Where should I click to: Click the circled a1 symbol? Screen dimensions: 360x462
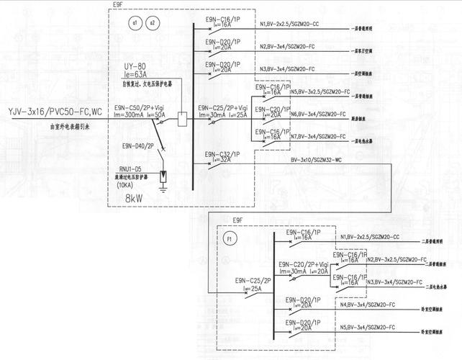click(x=134, y=24)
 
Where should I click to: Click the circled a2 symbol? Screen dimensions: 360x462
click(x=151, y=24)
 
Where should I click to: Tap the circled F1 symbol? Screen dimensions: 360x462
click(x=230, y=238)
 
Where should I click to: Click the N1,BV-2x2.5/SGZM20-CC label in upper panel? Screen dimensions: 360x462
click(x=290, y=24)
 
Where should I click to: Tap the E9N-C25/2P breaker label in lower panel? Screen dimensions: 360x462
click(x=253, y=279)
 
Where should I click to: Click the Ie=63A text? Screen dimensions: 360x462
click(x=135, y=74)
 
